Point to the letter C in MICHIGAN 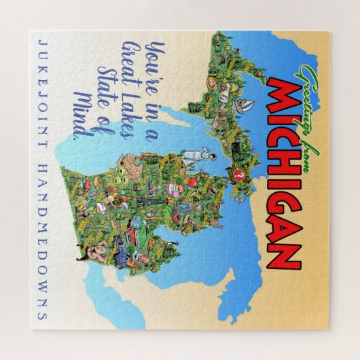pos(277,139)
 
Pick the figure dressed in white pos(197,147)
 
